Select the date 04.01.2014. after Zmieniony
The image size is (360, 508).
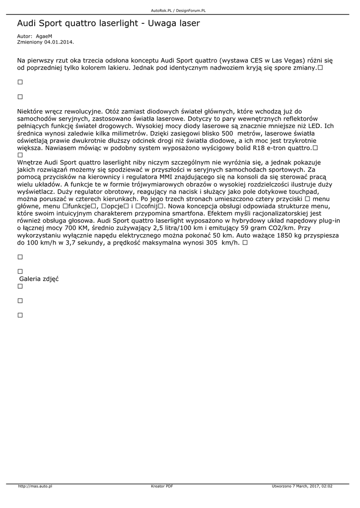(59, 42)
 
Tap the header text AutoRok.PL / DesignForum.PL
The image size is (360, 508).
(178, 10)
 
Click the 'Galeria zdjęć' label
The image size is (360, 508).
(39, 279)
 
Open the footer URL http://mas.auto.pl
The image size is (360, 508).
(35, 486)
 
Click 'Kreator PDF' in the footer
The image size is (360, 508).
(162, 486)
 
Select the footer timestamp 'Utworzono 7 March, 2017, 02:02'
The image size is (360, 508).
(302, 486)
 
